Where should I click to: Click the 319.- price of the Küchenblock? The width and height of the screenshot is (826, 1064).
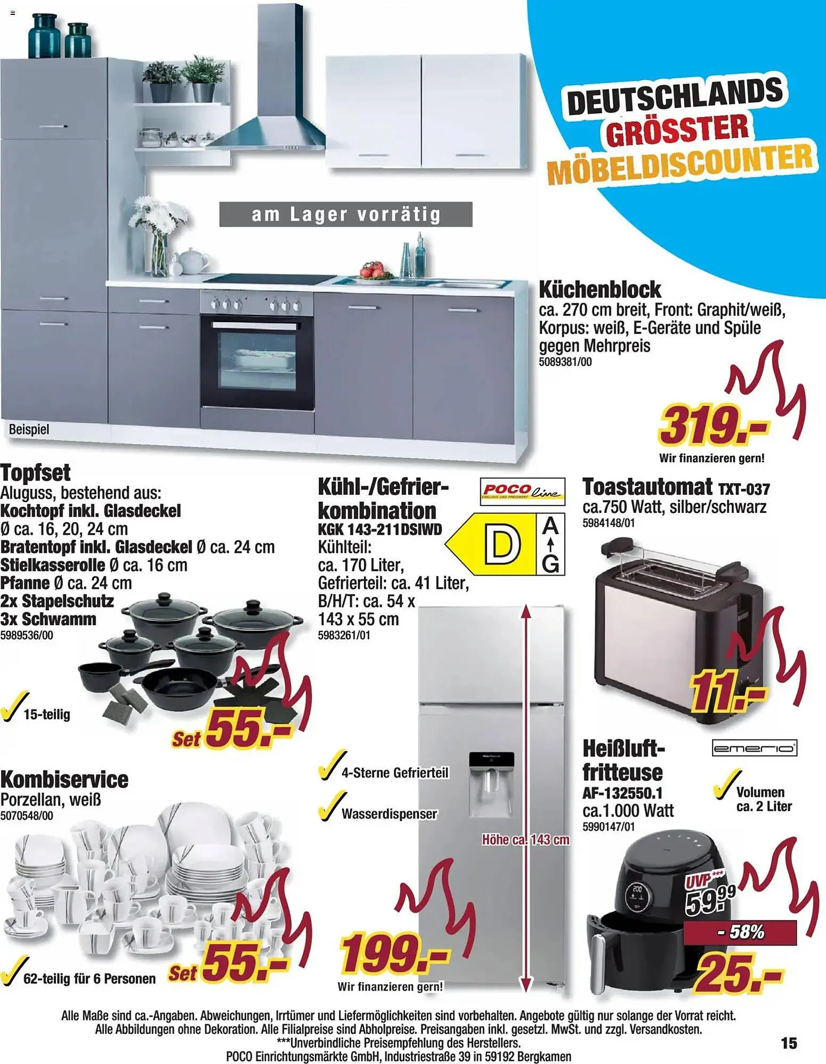pyautogui.click(x=713, y=426)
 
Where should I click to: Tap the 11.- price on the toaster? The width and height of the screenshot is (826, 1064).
pyautogui.click(x=727, y=692)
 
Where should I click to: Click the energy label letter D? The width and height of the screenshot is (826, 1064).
pyautogui.click(x=501, y=545)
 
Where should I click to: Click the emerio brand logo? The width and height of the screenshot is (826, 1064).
pyautogui.click(x=755, y=749)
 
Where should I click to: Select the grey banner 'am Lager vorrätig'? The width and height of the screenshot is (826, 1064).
pyautogui.click(x=346, y=214)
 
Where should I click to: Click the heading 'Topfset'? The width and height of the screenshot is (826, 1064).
pyautogui.click(x=36, y=472)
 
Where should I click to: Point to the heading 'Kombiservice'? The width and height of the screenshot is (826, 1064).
pyautogui.click(x=64, y=779)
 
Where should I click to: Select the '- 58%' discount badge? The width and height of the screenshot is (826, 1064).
pyautogui.click(x=740, y=932)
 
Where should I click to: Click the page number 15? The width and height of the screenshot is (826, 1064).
pyautogui.click(x=789, y=1043)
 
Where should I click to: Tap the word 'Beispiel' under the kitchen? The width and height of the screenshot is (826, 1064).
pyautogui.click(x=29, y=429)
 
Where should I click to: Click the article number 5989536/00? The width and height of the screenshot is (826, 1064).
pyautogui.click(x=27, y=635)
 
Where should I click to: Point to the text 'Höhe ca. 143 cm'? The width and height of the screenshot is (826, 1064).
pyautogui.click(x=525, y=839)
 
